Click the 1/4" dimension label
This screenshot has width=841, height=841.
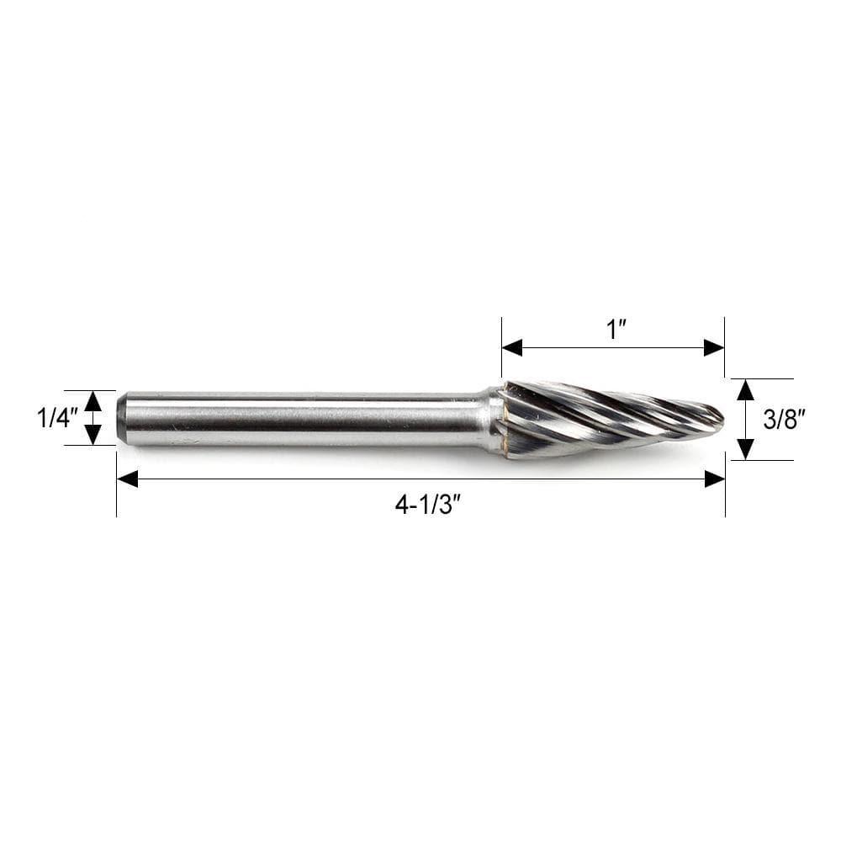coord(57,418)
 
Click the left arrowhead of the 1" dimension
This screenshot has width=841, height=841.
coord(512,347)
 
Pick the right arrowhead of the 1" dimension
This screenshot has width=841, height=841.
coord(714,347)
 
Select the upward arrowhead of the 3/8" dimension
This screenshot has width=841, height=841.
coord(745,389)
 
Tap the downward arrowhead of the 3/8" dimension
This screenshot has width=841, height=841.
coord(745,449)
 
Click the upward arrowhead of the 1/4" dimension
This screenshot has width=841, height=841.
coord(93,401)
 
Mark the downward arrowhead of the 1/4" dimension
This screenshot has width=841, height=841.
coord(93,434)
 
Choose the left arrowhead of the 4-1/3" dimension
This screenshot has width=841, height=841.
coord(127,479)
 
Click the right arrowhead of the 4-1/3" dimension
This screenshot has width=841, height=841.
coord(714,479)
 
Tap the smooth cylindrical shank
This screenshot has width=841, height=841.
coord(303,418)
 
